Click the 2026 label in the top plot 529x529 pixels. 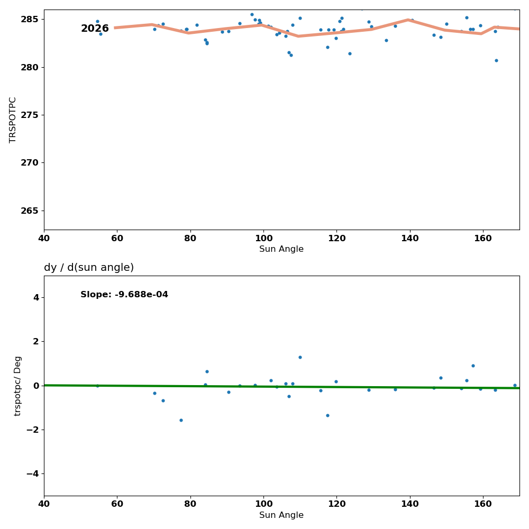[95, 29]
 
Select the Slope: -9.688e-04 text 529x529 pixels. [124, 295]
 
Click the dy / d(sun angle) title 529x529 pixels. [89, 268]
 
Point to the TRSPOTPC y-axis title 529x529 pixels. [13, 120]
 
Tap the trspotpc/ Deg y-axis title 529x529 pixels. [18, 386]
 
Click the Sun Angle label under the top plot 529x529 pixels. [281, 249]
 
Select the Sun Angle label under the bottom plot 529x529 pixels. [281, 515]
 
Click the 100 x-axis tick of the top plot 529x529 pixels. [263, 238]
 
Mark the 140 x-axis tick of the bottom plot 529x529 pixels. [410, 504]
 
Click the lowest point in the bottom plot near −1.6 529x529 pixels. [181, 420]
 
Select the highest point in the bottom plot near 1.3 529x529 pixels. [300, 357]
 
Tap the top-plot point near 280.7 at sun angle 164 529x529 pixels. [496, 60]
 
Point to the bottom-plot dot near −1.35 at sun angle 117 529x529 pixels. [327, 415]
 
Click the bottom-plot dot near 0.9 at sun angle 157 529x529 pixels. [473, 366]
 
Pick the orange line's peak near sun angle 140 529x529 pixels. [408, 20]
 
